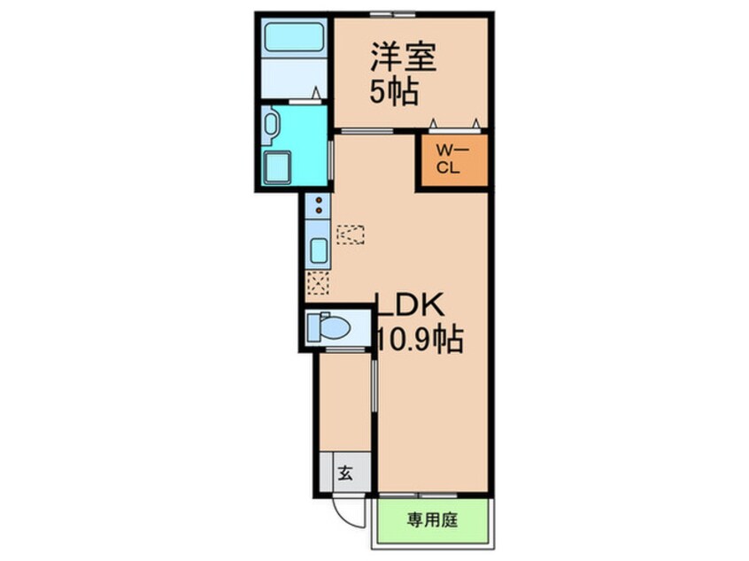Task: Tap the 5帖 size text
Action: coord(394,90)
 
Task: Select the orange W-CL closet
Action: coord(452,161)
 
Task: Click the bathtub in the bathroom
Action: coord(294,38)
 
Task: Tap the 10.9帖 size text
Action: coord(421,338)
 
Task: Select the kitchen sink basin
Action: coord(317,249)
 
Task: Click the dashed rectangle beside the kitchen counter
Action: coord(351,234)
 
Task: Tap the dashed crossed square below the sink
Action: coord(317,284)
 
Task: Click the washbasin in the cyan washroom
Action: coord(271,126)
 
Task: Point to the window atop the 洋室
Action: coord(393,13)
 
